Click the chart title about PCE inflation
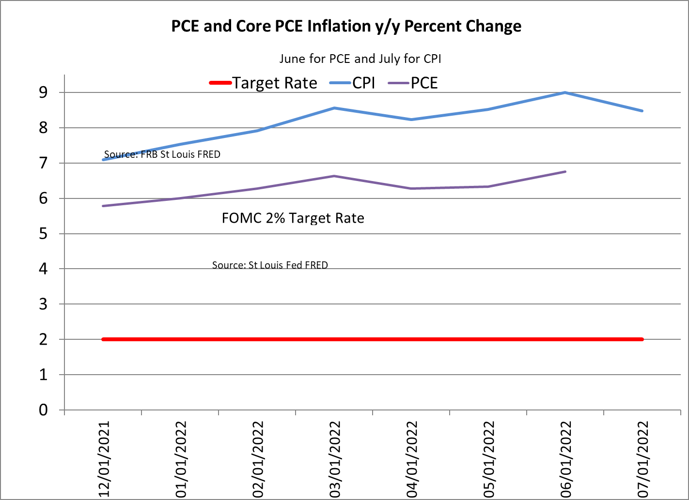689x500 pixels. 346,26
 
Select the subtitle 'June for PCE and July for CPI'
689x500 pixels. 360,59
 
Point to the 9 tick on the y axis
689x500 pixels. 44,92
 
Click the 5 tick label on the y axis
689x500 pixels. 44,234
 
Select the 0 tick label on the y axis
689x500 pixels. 44,410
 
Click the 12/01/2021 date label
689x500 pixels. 104,459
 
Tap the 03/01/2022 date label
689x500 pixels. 335,459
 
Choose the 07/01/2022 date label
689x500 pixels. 642,459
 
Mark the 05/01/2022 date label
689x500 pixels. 489,459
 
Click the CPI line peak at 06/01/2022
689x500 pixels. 565,92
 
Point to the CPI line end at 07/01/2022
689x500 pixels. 642,111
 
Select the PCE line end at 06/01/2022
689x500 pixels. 565,172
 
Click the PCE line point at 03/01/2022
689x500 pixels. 334,176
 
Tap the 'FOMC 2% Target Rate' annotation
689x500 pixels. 293,218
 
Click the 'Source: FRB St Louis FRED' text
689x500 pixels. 162,154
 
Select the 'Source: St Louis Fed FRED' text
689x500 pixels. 270,265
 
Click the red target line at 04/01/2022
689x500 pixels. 411,339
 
